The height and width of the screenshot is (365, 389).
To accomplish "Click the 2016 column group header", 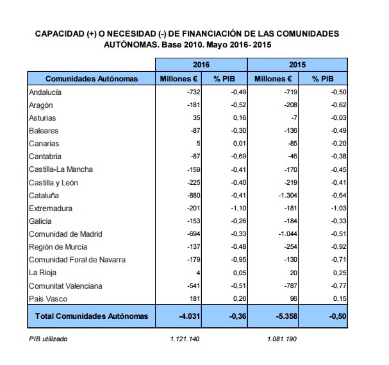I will (x=201, y=65).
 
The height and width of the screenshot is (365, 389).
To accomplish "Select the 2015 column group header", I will (x=297, y=65).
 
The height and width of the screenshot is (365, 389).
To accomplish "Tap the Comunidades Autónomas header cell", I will (x=92, y=79).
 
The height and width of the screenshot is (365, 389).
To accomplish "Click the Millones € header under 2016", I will (x=179, y=79).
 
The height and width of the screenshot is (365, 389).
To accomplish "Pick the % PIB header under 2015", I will (x=322, y=79).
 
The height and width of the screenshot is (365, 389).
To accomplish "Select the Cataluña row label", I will (x=44, y=195).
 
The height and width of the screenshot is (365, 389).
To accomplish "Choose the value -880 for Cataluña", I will (x=193, y=195).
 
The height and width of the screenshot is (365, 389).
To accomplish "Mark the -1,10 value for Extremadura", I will (x=236, y=208).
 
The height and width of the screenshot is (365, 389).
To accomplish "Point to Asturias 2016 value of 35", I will (x=197, y=118).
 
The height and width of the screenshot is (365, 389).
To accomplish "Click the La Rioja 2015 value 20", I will (x=292, y=273).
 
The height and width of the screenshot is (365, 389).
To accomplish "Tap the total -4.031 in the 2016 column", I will (x=188, y=316).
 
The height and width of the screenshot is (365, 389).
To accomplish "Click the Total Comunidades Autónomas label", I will (x=92, y=316).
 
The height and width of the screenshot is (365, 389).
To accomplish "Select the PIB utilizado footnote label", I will (x=48, y=339).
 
